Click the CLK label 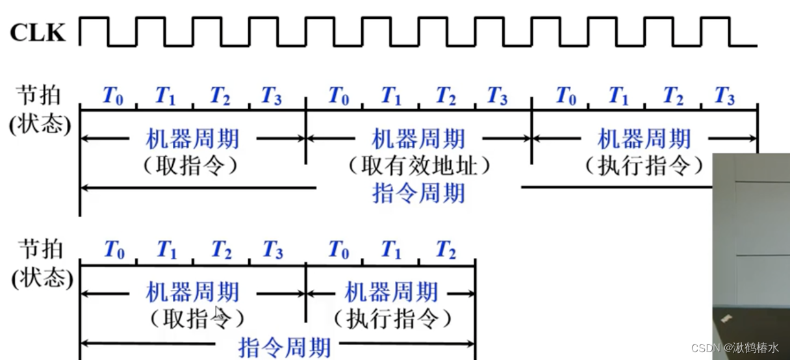38,33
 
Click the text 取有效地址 418,166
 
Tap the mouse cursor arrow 220,312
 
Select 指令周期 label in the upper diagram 418,193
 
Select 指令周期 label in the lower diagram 284,348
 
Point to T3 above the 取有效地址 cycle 496,97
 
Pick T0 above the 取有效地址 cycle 338,97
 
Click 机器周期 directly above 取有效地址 418,139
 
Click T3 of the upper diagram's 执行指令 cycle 723,97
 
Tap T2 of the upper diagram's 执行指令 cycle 672,97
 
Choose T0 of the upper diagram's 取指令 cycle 112,97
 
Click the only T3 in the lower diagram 272,250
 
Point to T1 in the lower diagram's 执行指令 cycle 390,250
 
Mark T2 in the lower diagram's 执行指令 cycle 445,250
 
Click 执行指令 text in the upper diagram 644,166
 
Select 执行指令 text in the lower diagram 391,318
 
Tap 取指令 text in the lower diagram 193,318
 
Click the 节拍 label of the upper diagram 38,95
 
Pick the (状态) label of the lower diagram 38,278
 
